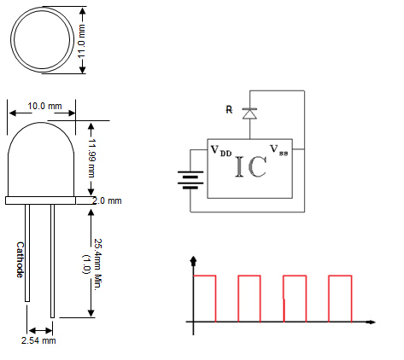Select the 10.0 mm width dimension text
coord(44,107)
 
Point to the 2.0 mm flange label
coord(108,200)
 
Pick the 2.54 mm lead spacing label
coord(38,340)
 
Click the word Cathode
coord(20,259)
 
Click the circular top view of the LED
coord(43,40)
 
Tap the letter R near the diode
coord(227,110)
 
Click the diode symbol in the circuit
coord(250,112)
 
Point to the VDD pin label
coord(221,150)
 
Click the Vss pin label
coord(279,150)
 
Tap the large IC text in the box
coord(250,165)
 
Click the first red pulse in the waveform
coord(205,298)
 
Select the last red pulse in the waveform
coord(339,298)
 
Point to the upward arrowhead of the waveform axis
coord(195,260)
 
